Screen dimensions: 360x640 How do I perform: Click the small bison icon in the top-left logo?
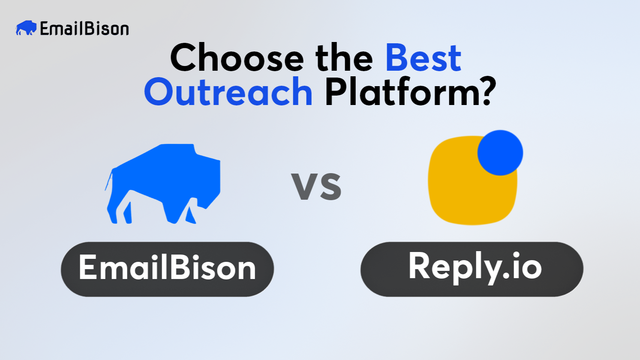[x=26, y=28]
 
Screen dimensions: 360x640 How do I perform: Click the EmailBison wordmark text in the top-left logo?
[x=84, y=29]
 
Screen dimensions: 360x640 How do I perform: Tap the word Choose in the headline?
[x=237, y=58]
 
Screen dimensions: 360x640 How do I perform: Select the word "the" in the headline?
[x=344, y=58]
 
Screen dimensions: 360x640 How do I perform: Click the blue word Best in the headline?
[x=423, y=58]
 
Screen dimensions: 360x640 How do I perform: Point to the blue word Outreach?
[x=228, y=92]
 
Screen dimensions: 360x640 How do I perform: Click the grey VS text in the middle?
[x=316, y=186]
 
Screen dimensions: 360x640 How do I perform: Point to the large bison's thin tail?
[x=109, y=180]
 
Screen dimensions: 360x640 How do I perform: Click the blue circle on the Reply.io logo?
[x=500, y=153]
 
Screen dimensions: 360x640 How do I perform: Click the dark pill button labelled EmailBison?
[x=167, y=269]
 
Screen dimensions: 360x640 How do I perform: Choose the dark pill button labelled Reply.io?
[x=472, y=269]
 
